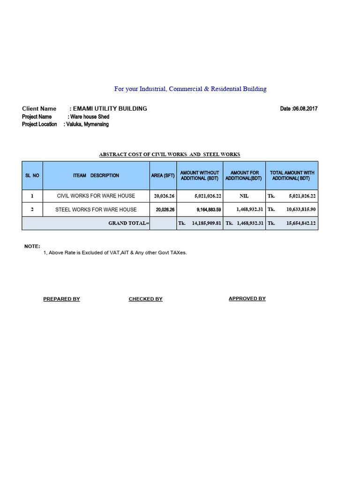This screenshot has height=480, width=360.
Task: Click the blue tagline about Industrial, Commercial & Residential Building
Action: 190,89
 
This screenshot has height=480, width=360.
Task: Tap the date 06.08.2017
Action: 299,109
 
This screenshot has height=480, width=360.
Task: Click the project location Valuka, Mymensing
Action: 86,124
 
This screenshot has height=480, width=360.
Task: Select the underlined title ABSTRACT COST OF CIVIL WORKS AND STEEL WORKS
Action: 170,154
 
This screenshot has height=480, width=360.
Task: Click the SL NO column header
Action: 32,175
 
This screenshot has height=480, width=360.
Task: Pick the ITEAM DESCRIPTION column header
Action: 96,175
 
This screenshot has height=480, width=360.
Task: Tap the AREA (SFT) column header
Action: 163,175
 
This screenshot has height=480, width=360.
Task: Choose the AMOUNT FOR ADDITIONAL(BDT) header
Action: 244,175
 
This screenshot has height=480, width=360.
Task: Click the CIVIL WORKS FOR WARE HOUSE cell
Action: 96,196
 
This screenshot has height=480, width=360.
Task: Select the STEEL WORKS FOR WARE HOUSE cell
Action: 96,210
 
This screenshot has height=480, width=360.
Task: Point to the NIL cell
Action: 244,196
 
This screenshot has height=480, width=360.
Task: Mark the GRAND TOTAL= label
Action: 128,223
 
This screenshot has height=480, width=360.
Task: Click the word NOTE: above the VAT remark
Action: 32,246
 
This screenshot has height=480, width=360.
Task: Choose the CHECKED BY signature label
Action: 145,299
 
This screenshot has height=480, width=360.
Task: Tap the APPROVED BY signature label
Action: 247,299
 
